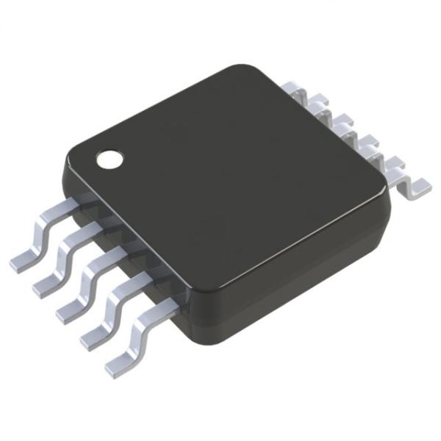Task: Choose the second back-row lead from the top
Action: [318, 109]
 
